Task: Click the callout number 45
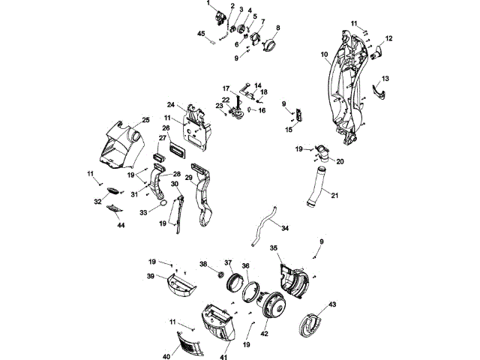pos(201,33)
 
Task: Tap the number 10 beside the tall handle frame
pos(325,54)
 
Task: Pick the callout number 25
pos(145,120)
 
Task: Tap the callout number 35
pos(274,248)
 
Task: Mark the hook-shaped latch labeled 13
pos(381,91)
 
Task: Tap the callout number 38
pos(203,264)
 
